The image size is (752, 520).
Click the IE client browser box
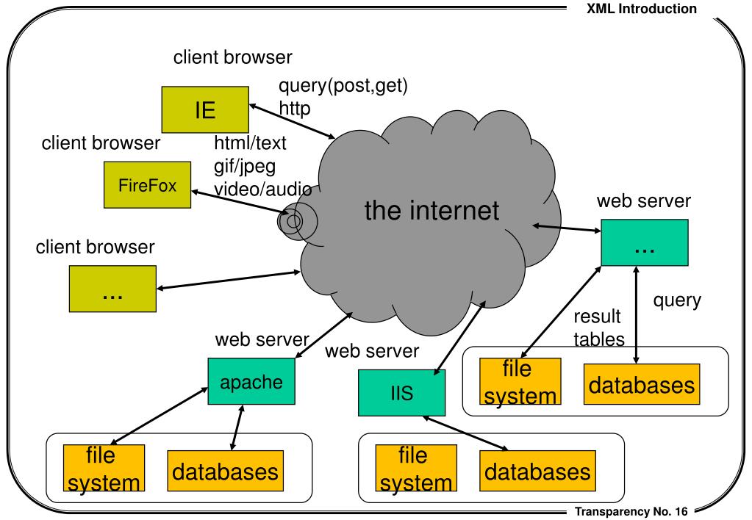pos(205,110)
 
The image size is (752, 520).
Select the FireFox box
pos(147,185)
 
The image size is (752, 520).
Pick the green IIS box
pos(402,393)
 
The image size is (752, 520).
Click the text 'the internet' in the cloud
pos(431,211)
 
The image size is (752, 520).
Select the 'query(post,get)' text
pos(343,87)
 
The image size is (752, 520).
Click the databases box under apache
pos(225,470)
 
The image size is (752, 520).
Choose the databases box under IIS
pos(537,470)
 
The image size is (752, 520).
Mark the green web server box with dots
pos(645,242)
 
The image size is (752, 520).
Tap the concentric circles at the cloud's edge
pos(293,220)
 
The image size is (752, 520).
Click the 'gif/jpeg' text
pos(245,165)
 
